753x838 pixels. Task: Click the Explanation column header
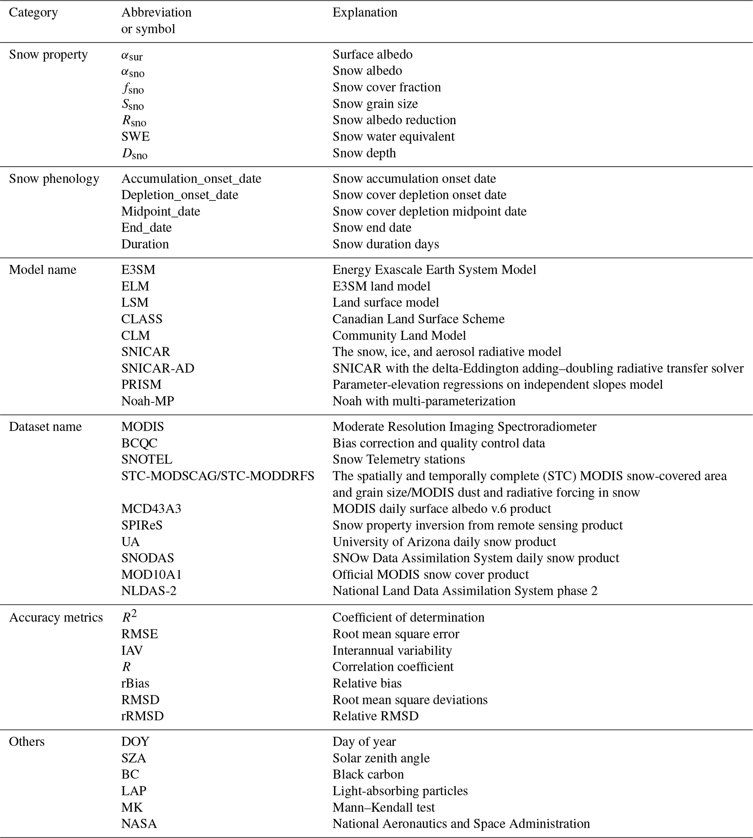click(x=365, y=12)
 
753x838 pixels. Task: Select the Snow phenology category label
click(x=54, y=179)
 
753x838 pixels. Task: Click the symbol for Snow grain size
click(x=133, y=104)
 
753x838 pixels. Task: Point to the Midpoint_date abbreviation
click(x=161, y=211)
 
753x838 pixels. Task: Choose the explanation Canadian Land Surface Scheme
click(x=418, y=319)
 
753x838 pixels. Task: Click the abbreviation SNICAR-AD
click(x=158, y=368)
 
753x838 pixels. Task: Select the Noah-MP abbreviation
click(x=147, y=401)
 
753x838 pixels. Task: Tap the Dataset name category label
click(x=46, y=427)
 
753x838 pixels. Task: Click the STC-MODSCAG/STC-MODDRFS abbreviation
click(x=217, y=476)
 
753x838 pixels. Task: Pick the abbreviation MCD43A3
click(x=151, y=509)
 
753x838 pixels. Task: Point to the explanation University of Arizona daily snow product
click(x=444, y=542)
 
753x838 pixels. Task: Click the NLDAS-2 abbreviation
click(x=149, y=591)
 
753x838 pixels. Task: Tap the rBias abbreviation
click(x=135, y=683)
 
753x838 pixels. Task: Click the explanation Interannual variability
click(x=392, y=650)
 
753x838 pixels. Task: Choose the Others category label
click(x=27, y=741)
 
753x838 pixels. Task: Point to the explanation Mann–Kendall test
click(x=384, y=807)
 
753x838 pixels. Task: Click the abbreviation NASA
click(x=139, y=824)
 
